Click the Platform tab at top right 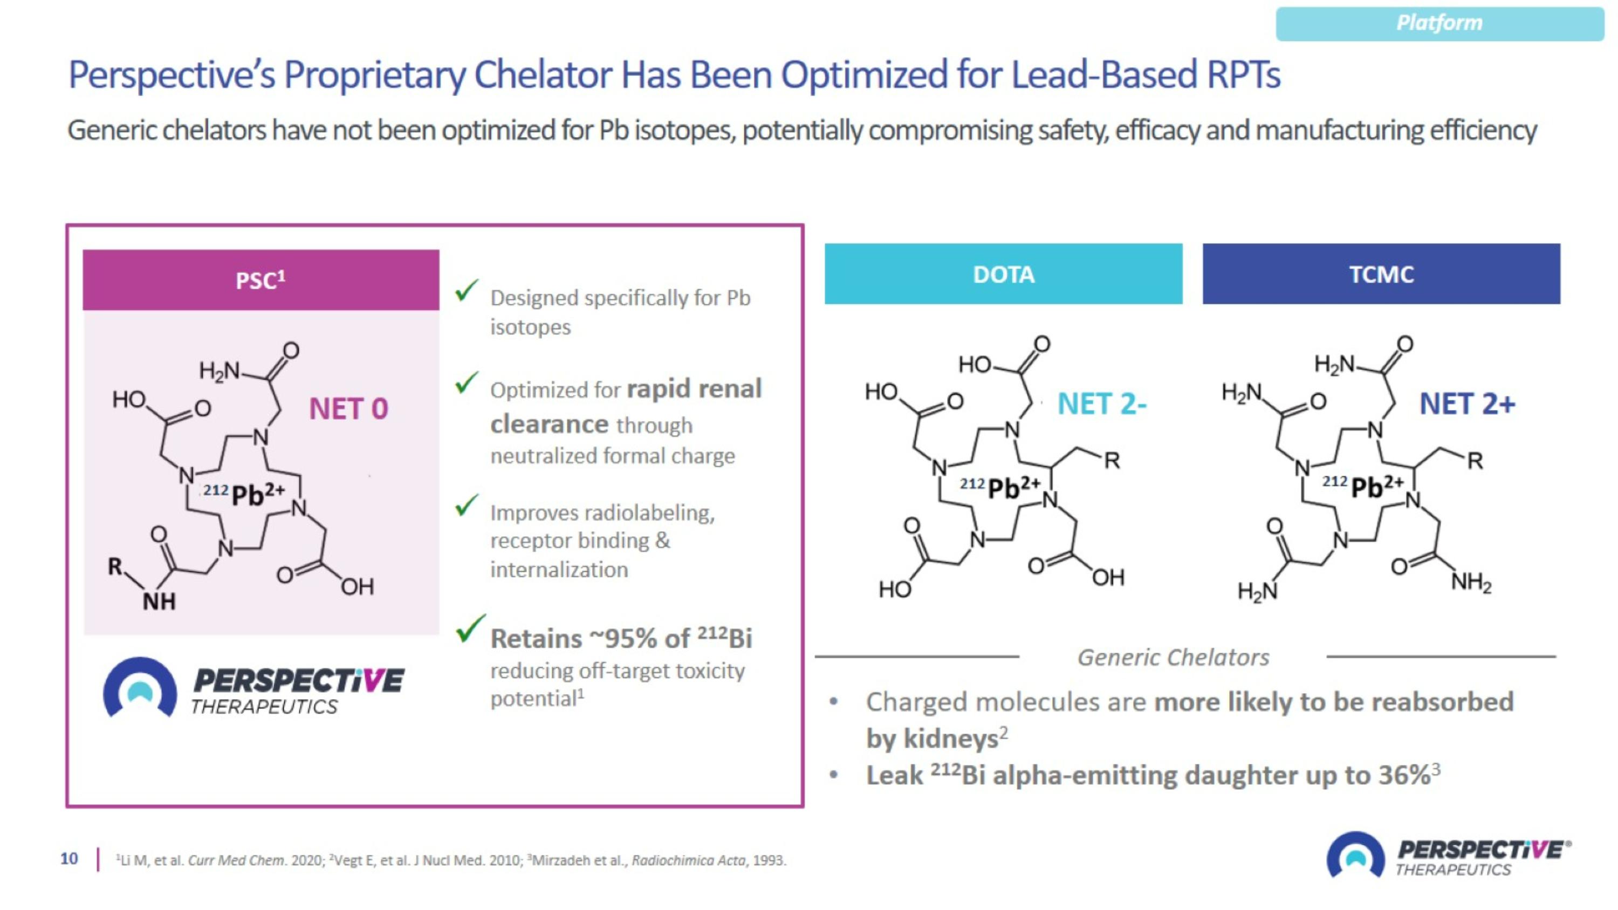(1439, 24)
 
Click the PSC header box (260, 280)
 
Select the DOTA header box (1003, 275)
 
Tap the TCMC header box (1381, 275)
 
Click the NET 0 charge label (348, 409)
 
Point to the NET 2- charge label (1102, 404)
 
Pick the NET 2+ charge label (1466, 404)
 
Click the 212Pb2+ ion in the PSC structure (245, 494)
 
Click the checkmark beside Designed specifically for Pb (466, 291)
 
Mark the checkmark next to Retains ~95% (470, 628)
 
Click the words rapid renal (695, 389)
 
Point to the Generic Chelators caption (1173, 658)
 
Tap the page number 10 (69, 859)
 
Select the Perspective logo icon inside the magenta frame (140, 688)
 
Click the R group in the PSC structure (115, 566)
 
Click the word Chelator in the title (543, 76)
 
